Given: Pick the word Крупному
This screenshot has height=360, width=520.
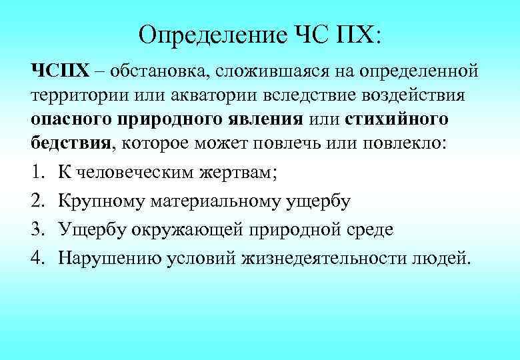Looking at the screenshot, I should pyautogui.click(x=101, y=201).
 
